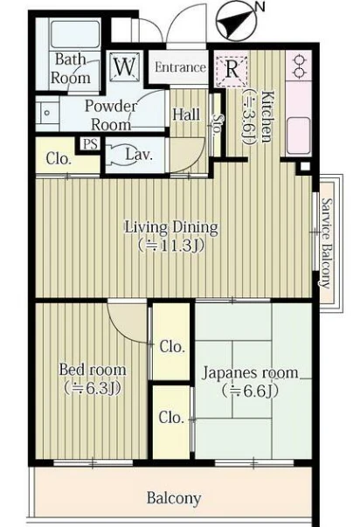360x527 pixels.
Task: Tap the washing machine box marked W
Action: (x=125, y=67)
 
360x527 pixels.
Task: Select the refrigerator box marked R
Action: (x=232, y=70)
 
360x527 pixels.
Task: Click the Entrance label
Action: (x=180, y=67)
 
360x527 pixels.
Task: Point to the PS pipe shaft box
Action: (x=90, y=144)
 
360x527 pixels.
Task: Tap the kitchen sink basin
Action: (x=299, y=135)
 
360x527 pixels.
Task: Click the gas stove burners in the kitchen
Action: (x=299, y=66)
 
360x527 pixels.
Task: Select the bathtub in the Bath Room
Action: (x=74, y=32)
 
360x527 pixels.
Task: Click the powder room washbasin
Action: (x=47, y=113)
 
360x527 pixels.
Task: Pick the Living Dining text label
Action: (x=171, y=227)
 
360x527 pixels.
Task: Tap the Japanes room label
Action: (x=250, y=372)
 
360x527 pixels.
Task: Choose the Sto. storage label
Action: (x=218, y=124)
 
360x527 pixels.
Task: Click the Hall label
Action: (x=186, y=114)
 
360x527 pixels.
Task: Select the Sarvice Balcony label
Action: (x=326, y=243)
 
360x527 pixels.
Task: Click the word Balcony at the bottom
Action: (x=174, y=498)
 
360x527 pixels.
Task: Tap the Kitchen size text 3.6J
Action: (x=248, y=116)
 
